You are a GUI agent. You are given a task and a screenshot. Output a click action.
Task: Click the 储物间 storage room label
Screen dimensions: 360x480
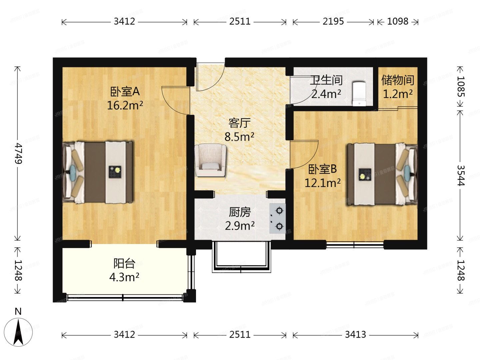(398, 80)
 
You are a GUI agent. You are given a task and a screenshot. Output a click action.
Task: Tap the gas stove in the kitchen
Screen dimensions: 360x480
(278, 218)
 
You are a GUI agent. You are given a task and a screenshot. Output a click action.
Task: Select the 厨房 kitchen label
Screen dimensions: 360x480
(240, 212)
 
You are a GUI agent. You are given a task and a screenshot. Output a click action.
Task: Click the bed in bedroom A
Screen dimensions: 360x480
(99, 172)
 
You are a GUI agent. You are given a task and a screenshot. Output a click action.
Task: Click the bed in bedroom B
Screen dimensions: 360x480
(382, 174)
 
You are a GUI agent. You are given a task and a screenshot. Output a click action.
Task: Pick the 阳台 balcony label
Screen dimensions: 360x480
(124, 263)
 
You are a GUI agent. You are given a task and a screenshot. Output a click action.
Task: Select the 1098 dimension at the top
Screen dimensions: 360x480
(398, 21)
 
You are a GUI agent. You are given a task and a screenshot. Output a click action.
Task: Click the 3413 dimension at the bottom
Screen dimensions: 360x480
(355, 334)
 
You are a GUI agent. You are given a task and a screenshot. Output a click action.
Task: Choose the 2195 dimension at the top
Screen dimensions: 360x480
(333, 21)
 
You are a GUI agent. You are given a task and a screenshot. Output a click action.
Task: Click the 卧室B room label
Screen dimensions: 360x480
(322, 169)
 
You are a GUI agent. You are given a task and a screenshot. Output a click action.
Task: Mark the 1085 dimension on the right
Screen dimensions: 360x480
(461, 86)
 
